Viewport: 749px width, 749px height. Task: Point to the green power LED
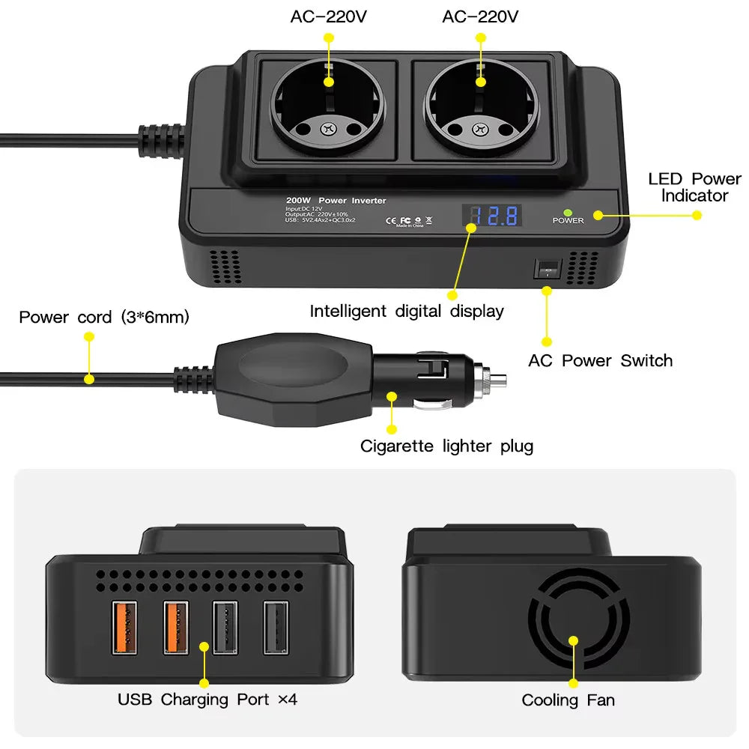568,212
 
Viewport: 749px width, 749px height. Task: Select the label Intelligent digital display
407,311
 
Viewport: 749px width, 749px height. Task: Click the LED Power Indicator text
694,187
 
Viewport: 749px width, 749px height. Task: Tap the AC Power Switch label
600,360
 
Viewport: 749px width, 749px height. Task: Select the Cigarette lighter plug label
446,446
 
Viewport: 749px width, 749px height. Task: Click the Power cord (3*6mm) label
104,317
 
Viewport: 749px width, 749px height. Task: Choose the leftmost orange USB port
125,628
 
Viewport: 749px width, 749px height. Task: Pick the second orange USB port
176,628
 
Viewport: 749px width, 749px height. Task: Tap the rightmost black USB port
276,628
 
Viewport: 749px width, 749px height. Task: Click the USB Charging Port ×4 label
207,700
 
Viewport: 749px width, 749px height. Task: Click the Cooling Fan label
568,700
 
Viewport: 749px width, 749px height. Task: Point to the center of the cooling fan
573,641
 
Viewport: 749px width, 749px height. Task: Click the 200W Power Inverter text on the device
336,201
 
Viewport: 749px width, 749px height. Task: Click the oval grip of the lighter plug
293,367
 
